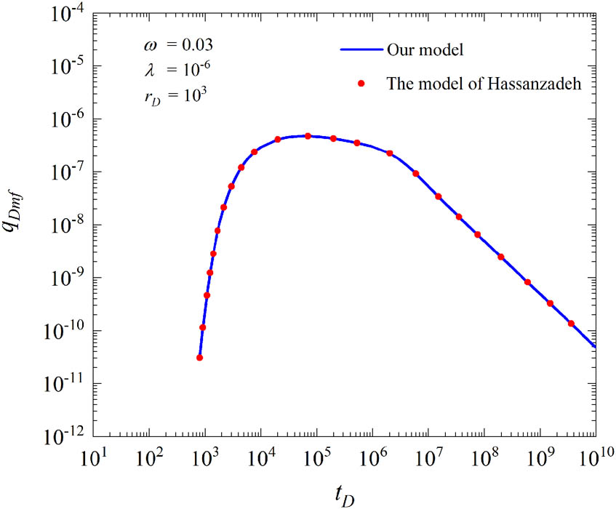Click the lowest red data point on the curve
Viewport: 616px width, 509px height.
click(199, 358)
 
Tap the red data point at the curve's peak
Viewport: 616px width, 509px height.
click(308, 136)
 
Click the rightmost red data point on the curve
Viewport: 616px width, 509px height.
click(571, 324)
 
